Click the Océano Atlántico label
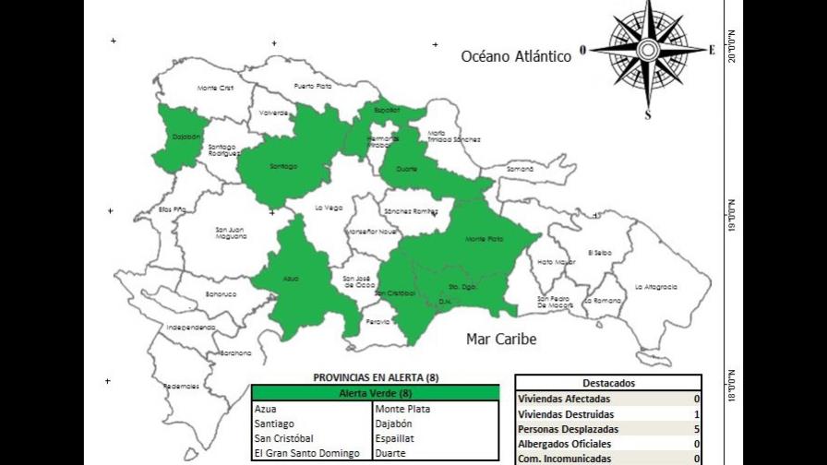516,56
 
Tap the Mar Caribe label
501,339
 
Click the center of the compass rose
648,50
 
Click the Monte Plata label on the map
484,239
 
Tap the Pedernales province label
181,386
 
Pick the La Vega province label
328,207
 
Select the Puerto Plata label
312,86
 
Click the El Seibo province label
600,252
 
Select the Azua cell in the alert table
265,409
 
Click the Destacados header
608,383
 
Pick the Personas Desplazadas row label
564,429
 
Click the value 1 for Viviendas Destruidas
696,414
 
